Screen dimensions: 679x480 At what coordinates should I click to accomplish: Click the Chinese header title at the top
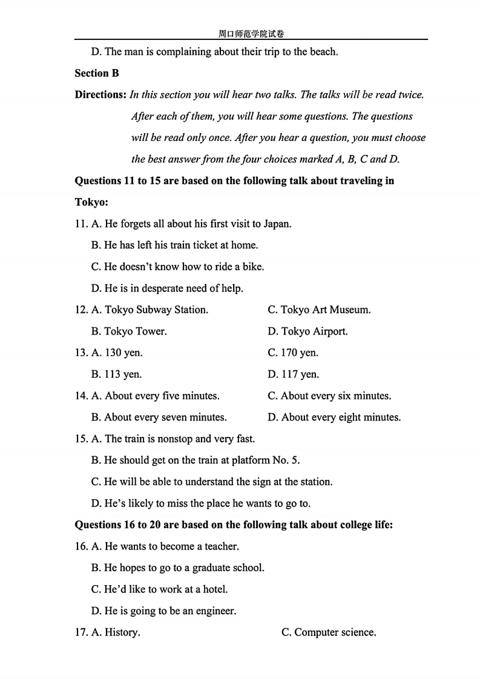click(251, 34)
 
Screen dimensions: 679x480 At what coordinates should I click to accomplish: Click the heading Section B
click(97, 73)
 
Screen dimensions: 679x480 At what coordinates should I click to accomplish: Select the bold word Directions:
click(100, 94)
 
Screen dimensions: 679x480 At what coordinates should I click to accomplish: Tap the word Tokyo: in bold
click(91, 202)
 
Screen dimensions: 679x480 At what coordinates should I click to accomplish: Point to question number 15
click(81, 439)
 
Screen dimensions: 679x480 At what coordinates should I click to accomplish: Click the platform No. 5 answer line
click(196, 461)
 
